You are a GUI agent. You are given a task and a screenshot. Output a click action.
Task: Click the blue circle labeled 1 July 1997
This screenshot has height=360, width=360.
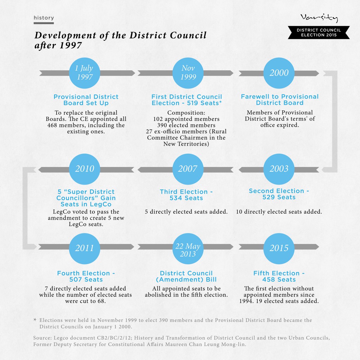pyautogui.click(x=84, y=73)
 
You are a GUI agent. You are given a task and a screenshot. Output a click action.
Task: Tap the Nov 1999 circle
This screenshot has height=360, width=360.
pyautogui.click(x=188, y=73)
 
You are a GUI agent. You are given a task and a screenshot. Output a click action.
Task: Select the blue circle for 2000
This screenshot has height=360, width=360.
pyautogui.click(x=279, y=73)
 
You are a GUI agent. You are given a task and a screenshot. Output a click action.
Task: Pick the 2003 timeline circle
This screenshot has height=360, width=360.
pyautogui.click(x=279, y=169)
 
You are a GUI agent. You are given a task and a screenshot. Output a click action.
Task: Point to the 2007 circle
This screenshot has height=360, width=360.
pyautogui.click(x=188, y=169)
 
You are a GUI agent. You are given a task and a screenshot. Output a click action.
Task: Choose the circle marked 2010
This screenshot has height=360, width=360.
pyautogui.click(x=84, y=169)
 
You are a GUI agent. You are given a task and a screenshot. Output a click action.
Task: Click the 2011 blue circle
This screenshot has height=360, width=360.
pyautogui.click(x=84, y=249)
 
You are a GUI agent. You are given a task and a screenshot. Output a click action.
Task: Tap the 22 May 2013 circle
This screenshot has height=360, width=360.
pyautogui.click(x=188, y=249)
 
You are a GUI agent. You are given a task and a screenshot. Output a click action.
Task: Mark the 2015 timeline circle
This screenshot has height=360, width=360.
pyautogui.click(x=279, y=249)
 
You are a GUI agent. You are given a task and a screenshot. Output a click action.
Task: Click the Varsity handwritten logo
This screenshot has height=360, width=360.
pyautogui.click(x=319, y=18)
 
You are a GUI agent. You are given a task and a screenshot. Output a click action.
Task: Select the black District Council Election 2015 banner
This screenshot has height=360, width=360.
pyautogui.click(x=319, y=32)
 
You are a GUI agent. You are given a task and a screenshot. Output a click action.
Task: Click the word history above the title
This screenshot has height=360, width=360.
pyautogui.click(x=44, y=18)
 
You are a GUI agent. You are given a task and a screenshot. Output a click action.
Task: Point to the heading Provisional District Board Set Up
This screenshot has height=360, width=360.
pyautogui.click(x=86, y=100)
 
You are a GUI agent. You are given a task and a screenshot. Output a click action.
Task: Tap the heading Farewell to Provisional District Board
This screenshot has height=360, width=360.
pyautogui.click(x=279, y=99)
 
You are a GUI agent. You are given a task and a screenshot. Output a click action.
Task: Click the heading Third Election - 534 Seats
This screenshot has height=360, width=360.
pyautogui.click(x=186, y=195)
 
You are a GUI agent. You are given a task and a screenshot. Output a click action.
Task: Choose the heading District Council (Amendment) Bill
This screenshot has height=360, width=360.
pyautogui.click(x=186, y=276)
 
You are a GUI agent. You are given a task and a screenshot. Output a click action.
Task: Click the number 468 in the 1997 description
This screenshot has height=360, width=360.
pyautogui.click(x=52, y=125)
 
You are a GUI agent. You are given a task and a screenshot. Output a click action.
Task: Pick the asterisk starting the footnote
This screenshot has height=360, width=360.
pyautogui.click(x=35, y=319)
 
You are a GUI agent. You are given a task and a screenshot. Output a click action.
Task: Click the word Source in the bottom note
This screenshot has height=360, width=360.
pyautogui.click(x=42, y=338)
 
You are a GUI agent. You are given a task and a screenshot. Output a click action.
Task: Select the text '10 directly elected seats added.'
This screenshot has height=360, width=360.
pyautogui.click(x=279, y=211)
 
